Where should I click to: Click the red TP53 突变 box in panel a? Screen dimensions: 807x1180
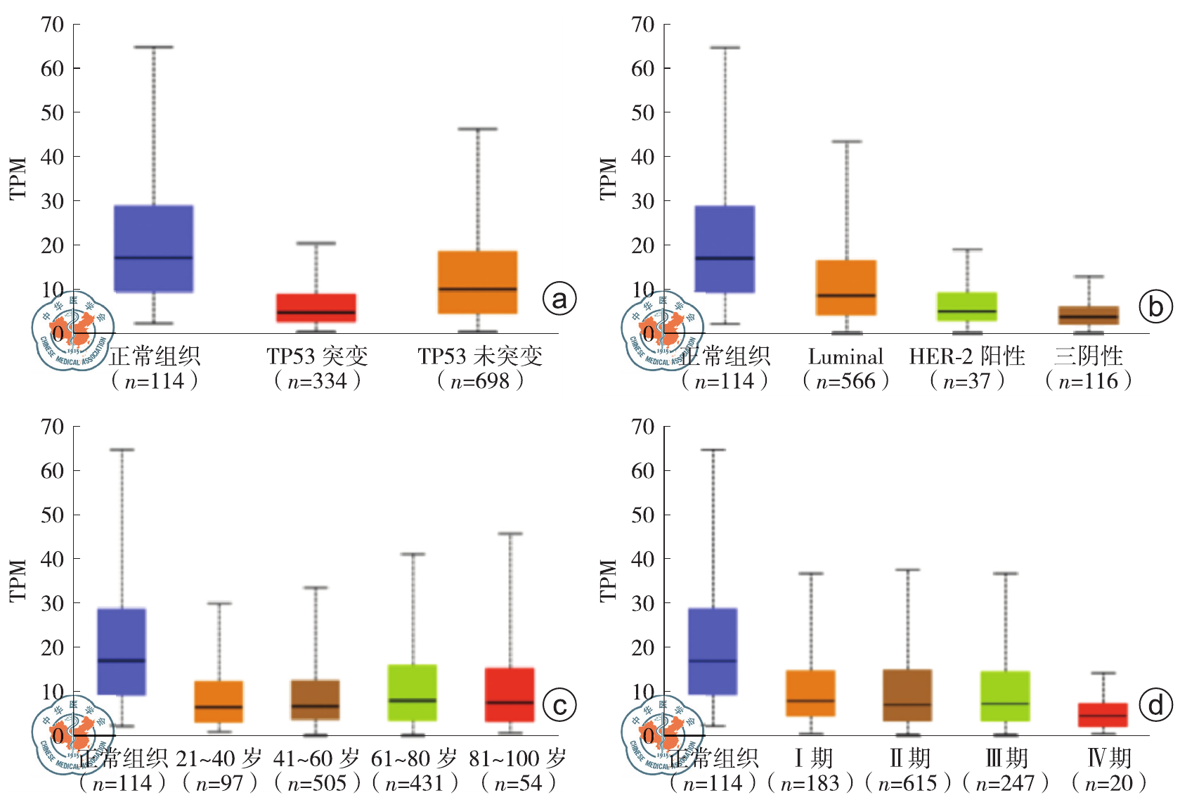click(316, 308)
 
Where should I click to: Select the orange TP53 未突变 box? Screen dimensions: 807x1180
click(478, 282)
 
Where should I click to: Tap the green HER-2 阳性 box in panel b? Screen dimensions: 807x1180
click(967, 306)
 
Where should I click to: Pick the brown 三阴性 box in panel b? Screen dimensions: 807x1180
click(1089, 315)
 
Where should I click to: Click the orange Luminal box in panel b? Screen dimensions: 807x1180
click(846, 288)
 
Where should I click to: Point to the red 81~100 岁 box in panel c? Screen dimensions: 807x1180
click(510, 695)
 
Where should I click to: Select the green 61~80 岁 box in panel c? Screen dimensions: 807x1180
click(413, 692)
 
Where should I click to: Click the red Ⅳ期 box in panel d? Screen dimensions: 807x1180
click(1103, 715)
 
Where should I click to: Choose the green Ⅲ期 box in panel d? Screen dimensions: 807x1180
click(1006, 696)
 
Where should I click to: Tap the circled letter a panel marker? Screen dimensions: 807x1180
click(559, 299)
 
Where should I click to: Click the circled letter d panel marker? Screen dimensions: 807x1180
click(1155, 705)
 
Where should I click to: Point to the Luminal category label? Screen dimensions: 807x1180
click(845, 357)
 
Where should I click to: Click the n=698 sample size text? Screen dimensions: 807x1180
click(480, 381)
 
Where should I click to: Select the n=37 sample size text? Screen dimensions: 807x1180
click(967, 381)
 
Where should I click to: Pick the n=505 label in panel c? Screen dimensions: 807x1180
click(317, 783)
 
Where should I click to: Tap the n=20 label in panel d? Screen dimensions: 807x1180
click(1109, 783)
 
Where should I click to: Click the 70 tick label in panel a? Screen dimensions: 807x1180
click(53, 25)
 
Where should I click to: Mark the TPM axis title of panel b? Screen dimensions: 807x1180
click(609, 179)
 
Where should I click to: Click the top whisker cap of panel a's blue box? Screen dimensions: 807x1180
click(153, 47)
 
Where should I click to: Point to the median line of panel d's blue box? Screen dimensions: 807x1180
click(713, 661)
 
